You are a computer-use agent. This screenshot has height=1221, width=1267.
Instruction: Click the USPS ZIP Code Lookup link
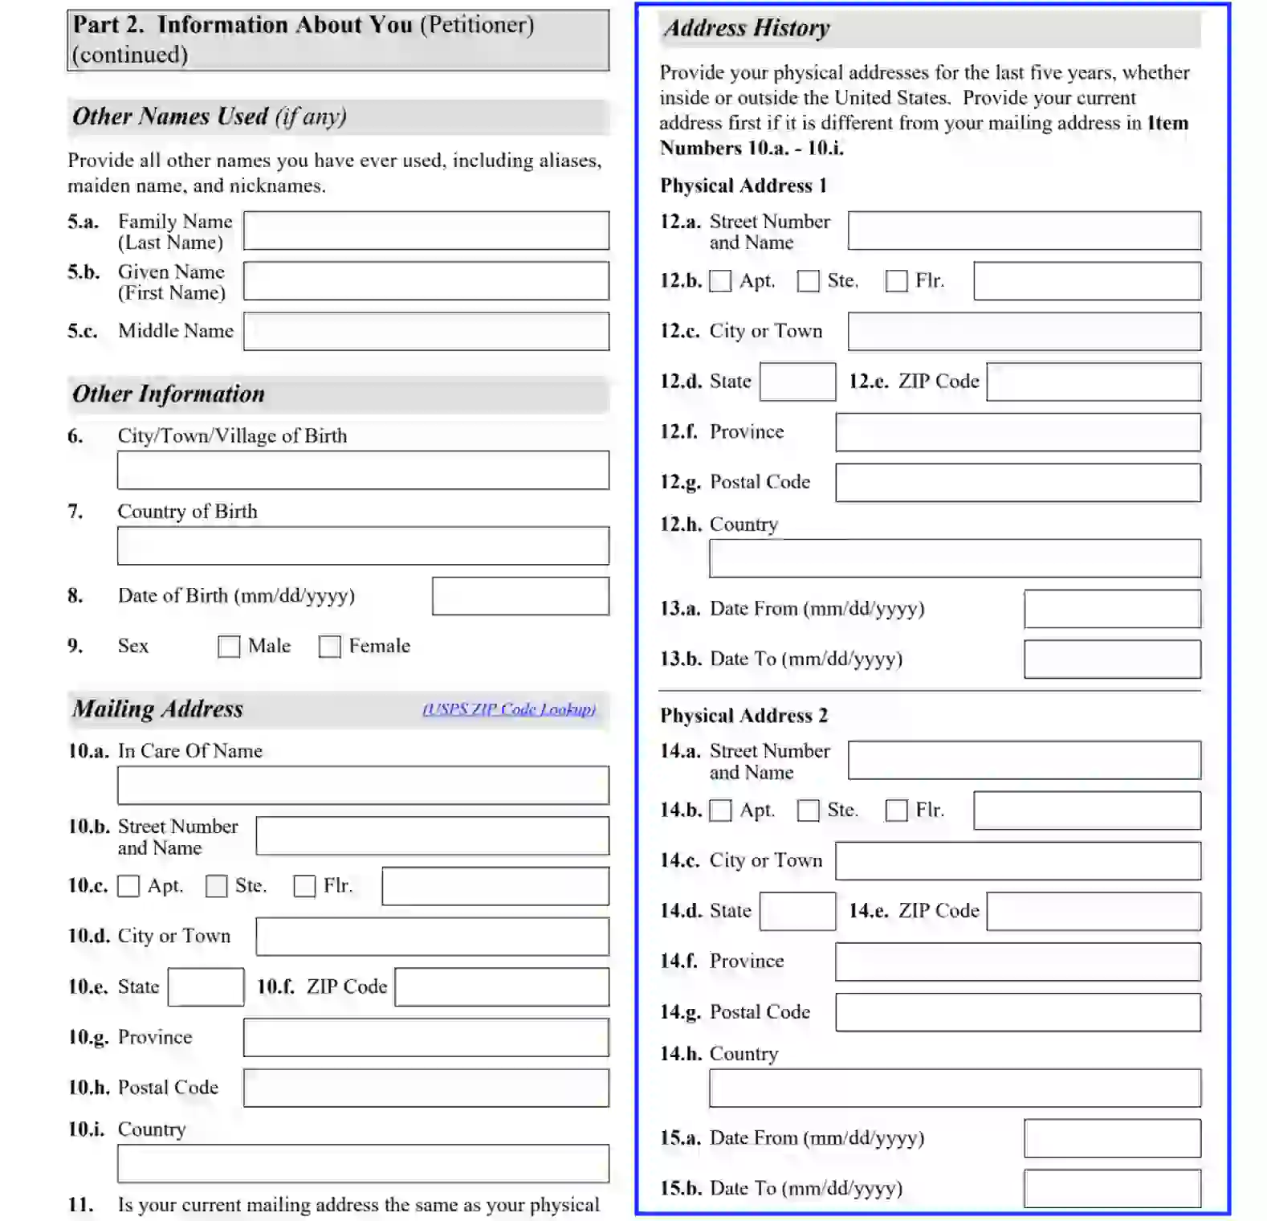point(509,709)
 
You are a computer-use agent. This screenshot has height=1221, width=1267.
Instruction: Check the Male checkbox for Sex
point(229,647)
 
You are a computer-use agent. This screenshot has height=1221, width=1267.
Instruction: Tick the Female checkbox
point(329,647)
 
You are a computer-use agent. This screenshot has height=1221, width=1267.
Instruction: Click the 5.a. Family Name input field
point(426,231)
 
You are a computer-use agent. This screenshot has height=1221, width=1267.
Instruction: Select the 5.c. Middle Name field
point(426,332)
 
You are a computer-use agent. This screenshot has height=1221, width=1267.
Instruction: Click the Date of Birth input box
point(520,596)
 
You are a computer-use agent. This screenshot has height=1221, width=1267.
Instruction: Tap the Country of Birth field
point(363,546)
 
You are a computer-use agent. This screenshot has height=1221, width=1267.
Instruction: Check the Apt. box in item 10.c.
point(128,886)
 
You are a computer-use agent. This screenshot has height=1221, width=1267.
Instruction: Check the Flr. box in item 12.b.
point(896,281)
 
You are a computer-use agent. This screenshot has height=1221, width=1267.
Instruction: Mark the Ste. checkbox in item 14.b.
point(808,811)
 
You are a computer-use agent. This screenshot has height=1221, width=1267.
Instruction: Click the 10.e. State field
point(206,987)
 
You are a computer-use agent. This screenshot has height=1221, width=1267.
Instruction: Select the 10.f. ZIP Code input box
point(502,987)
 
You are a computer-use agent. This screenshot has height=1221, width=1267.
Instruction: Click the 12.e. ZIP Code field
point(1094,382)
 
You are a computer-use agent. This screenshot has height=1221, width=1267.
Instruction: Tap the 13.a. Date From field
point(1112,609)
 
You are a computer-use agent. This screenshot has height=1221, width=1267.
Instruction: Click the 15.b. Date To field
point(1112,1189)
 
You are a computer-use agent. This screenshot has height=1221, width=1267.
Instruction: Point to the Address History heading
point(747,28)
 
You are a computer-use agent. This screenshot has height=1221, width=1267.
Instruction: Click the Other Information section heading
point(169,394)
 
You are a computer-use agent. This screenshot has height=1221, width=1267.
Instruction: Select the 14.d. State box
point(797,911)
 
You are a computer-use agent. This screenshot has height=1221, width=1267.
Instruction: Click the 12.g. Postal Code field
point(1018,483)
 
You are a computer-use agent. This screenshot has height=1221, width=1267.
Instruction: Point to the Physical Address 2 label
point(743,716)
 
